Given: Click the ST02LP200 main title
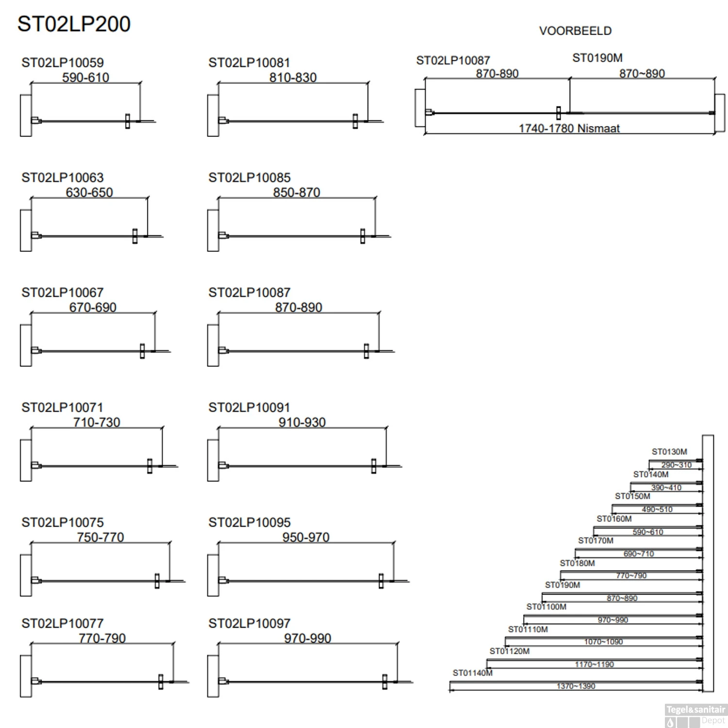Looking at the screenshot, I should [74, 24].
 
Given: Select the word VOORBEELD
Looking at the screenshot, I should [575, 31].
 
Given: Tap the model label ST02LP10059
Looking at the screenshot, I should [63, 63].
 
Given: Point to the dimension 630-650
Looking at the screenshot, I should [89, 193].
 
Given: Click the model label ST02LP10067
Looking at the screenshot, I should [63, 293].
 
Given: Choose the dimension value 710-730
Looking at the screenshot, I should [97, 422].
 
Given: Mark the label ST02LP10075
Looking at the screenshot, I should [63, 523].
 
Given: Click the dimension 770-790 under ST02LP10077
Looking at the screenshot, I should [102, 638].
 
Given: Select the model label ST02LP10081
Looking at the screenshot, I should [249, 63].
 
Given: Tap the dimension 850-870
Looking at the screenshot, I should [297, 193].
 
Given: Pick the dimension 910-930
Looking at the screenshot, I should [302, 422].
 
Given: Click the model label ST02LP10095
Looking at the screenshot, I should [249, 523].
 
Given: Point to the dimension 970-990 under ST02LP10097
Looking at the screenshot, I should [308, 638].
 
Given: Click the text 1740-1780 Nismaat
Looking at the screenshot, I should [569, 129].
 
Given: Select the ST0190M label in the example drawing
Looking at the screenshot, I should [597, 58].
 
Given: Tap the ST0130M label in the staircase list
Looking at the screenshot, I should [669, 452].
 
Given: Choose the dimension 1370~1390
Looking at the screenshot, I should [576, 686].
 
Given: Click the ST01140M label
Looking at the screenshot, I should [473, 673].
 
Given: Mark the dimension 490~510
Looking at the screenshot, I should [657, 510].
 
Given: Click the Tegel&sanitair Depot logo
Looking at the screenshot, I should [695, 715].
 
